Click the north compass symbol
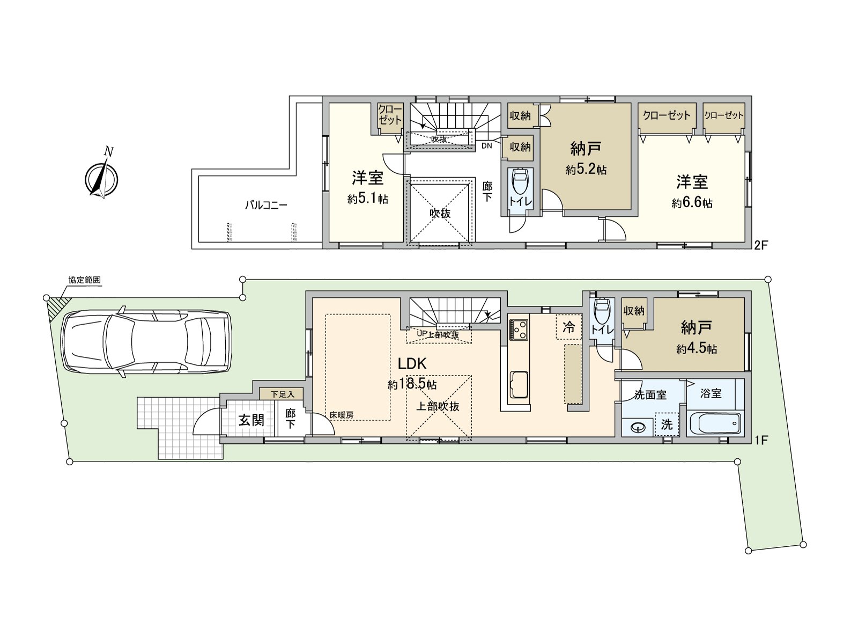pos(101,178)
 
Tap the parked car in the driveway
pos(146,342)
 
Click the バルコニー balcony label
pos(266,205)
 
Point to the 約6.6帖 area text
pos(692,203)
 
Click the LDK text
pos(412,364)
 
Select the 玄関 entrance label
pos(251,420)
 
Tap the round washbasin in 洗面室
pos(638,428)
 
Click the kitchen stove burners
pos(519,328)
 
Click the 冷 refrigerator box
pos(569,327)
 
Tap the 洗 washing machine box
pos(666,425)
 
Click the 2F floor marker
pos(761,245)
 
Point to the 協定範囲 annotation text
pos(84,280)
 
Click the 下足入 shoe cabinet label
pos(282,394)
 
